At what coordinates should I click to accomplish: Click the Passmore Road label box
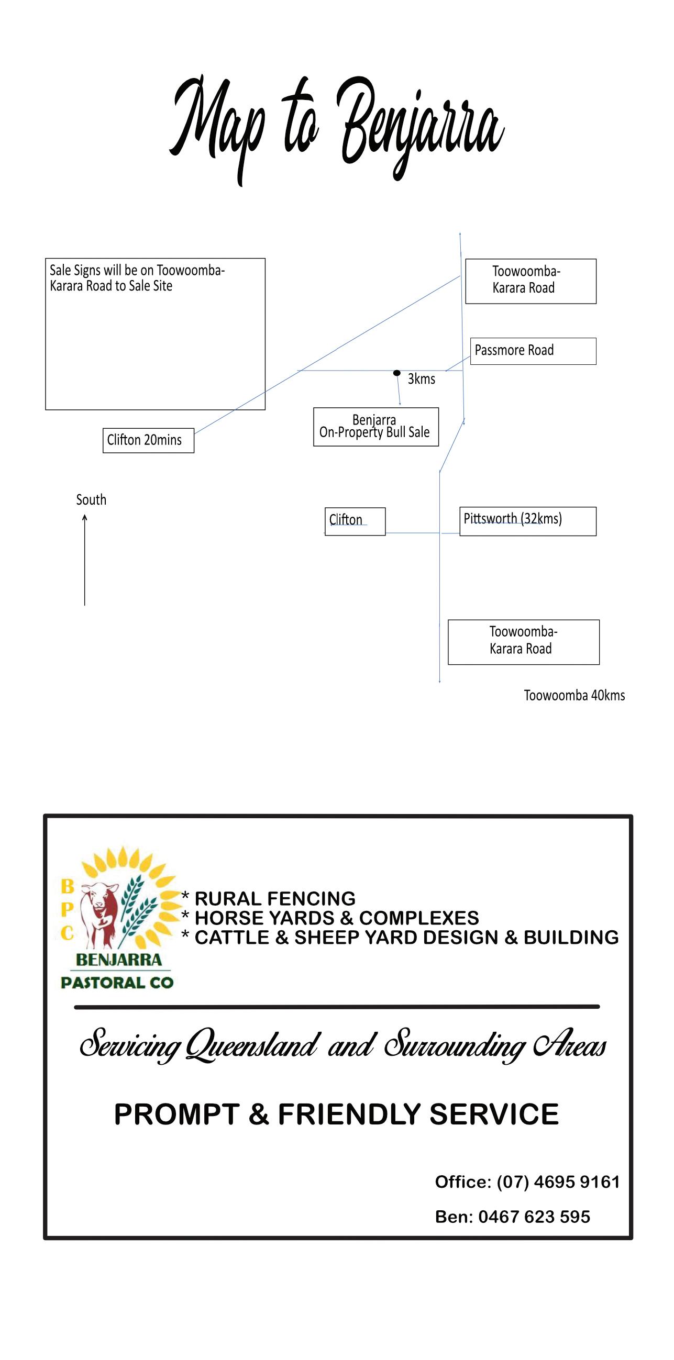[533, 351]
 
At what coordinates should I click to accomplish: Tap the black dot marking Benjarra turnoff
[396, 373]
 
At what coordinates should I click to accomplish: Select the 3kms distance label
[421, 379]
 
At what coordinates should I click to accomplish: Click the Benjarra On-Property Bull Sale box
[375, 427]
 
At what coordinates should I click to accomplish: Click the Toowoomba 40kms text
[574, 695]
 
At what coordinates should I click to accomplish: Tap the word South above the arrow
[91, 500]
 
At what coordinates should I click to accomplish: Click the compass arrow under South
[84, 560]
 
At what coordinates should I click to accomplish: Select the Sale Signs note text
[137, 278]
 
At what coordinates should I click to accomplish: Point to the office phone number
[558, 1182]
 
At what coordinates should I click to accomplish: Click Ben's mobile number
[534, 1217]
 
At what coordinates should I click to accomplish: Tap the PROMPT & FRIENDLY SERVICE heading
[336, 1114]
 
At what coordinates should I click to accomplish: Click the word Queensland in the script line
[252, 1046]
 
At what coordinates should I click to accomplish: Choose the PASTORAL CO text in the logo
[117, 983]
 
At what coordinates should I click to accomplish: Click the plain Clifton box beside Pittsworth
[355, 521]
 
